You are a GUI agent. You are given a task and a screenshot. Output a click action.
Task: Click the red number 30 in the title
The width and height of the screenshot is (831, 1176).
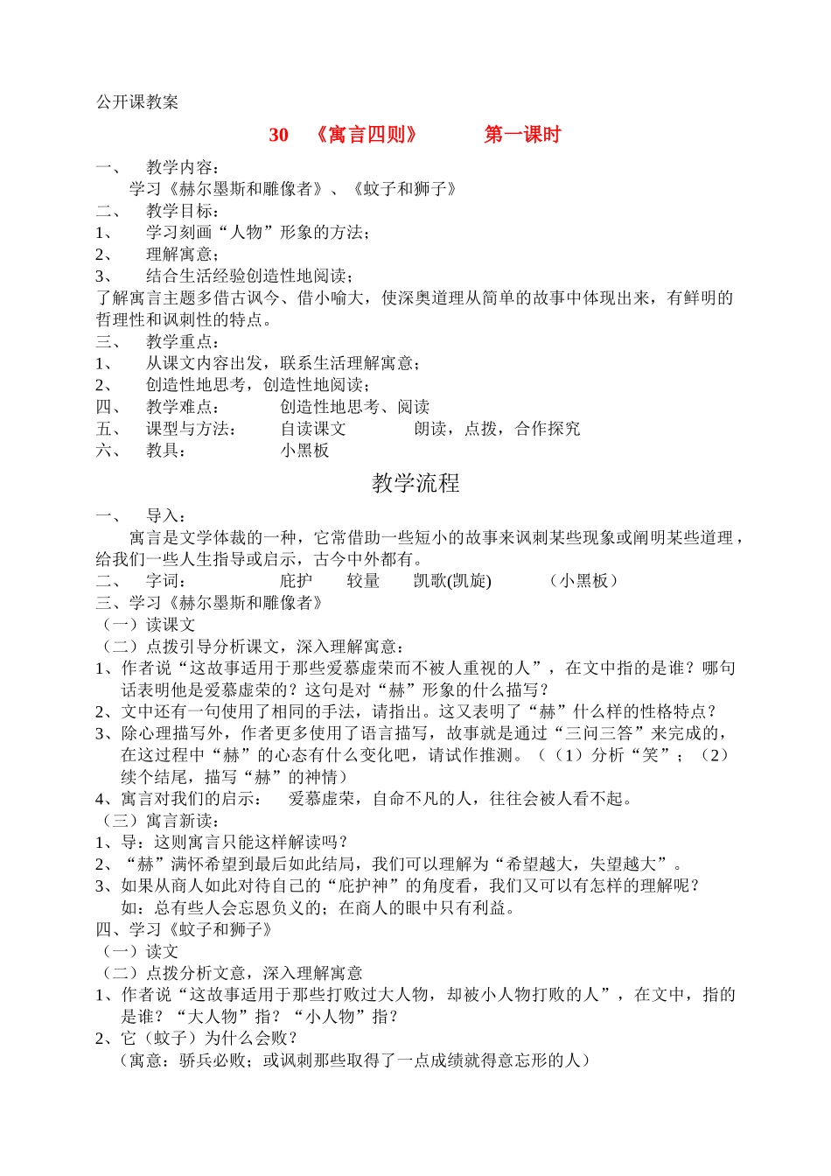(278, 135)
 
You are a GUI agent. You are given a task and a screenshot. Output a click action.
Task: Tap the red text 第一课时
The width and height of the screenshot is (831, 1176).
(522, 135)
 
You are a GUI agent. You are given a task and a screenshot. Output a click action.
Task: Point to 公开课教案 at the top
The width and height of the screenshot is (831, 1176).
(137, 101)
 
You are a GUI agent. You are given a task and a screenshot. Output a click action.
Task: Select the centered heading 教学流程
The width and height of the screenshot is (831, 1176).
(415, 483)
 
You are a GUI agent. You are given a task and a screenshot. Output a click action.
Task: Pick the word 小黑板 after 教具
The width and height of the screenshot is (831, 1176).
(304, 451)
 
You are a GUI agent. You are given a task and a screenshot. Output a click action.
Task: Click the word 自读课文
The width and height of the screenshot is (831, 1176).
(313, 429)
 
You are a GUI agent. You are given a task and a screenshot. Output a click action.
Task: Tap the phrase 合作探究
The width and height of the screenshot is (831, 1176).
(548, 429)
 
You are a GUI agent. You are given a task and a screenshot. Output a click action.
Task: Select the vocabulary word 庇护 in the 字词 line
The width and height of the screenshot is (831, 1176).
(297, 581)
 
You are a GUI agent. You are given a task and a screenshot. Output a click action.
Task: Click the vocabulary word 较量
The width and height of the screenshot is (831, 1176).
(363, 581)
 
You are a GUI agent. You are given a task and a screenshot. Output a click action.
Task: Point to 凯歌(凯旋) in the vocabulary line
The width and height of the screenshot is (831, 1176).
(452, 581)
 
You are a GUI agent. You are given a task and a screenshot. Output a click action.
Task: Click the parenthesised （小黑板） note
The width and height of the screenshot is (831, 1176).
(584, 581)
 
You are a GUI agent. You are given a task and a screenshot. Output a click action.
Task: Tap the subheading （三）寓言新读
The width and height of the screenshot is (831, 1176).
(161, 821)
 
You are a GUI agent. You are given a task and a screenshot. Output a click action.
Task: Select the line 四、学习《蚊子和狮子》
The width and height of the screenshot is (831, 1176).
(185, 929)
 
